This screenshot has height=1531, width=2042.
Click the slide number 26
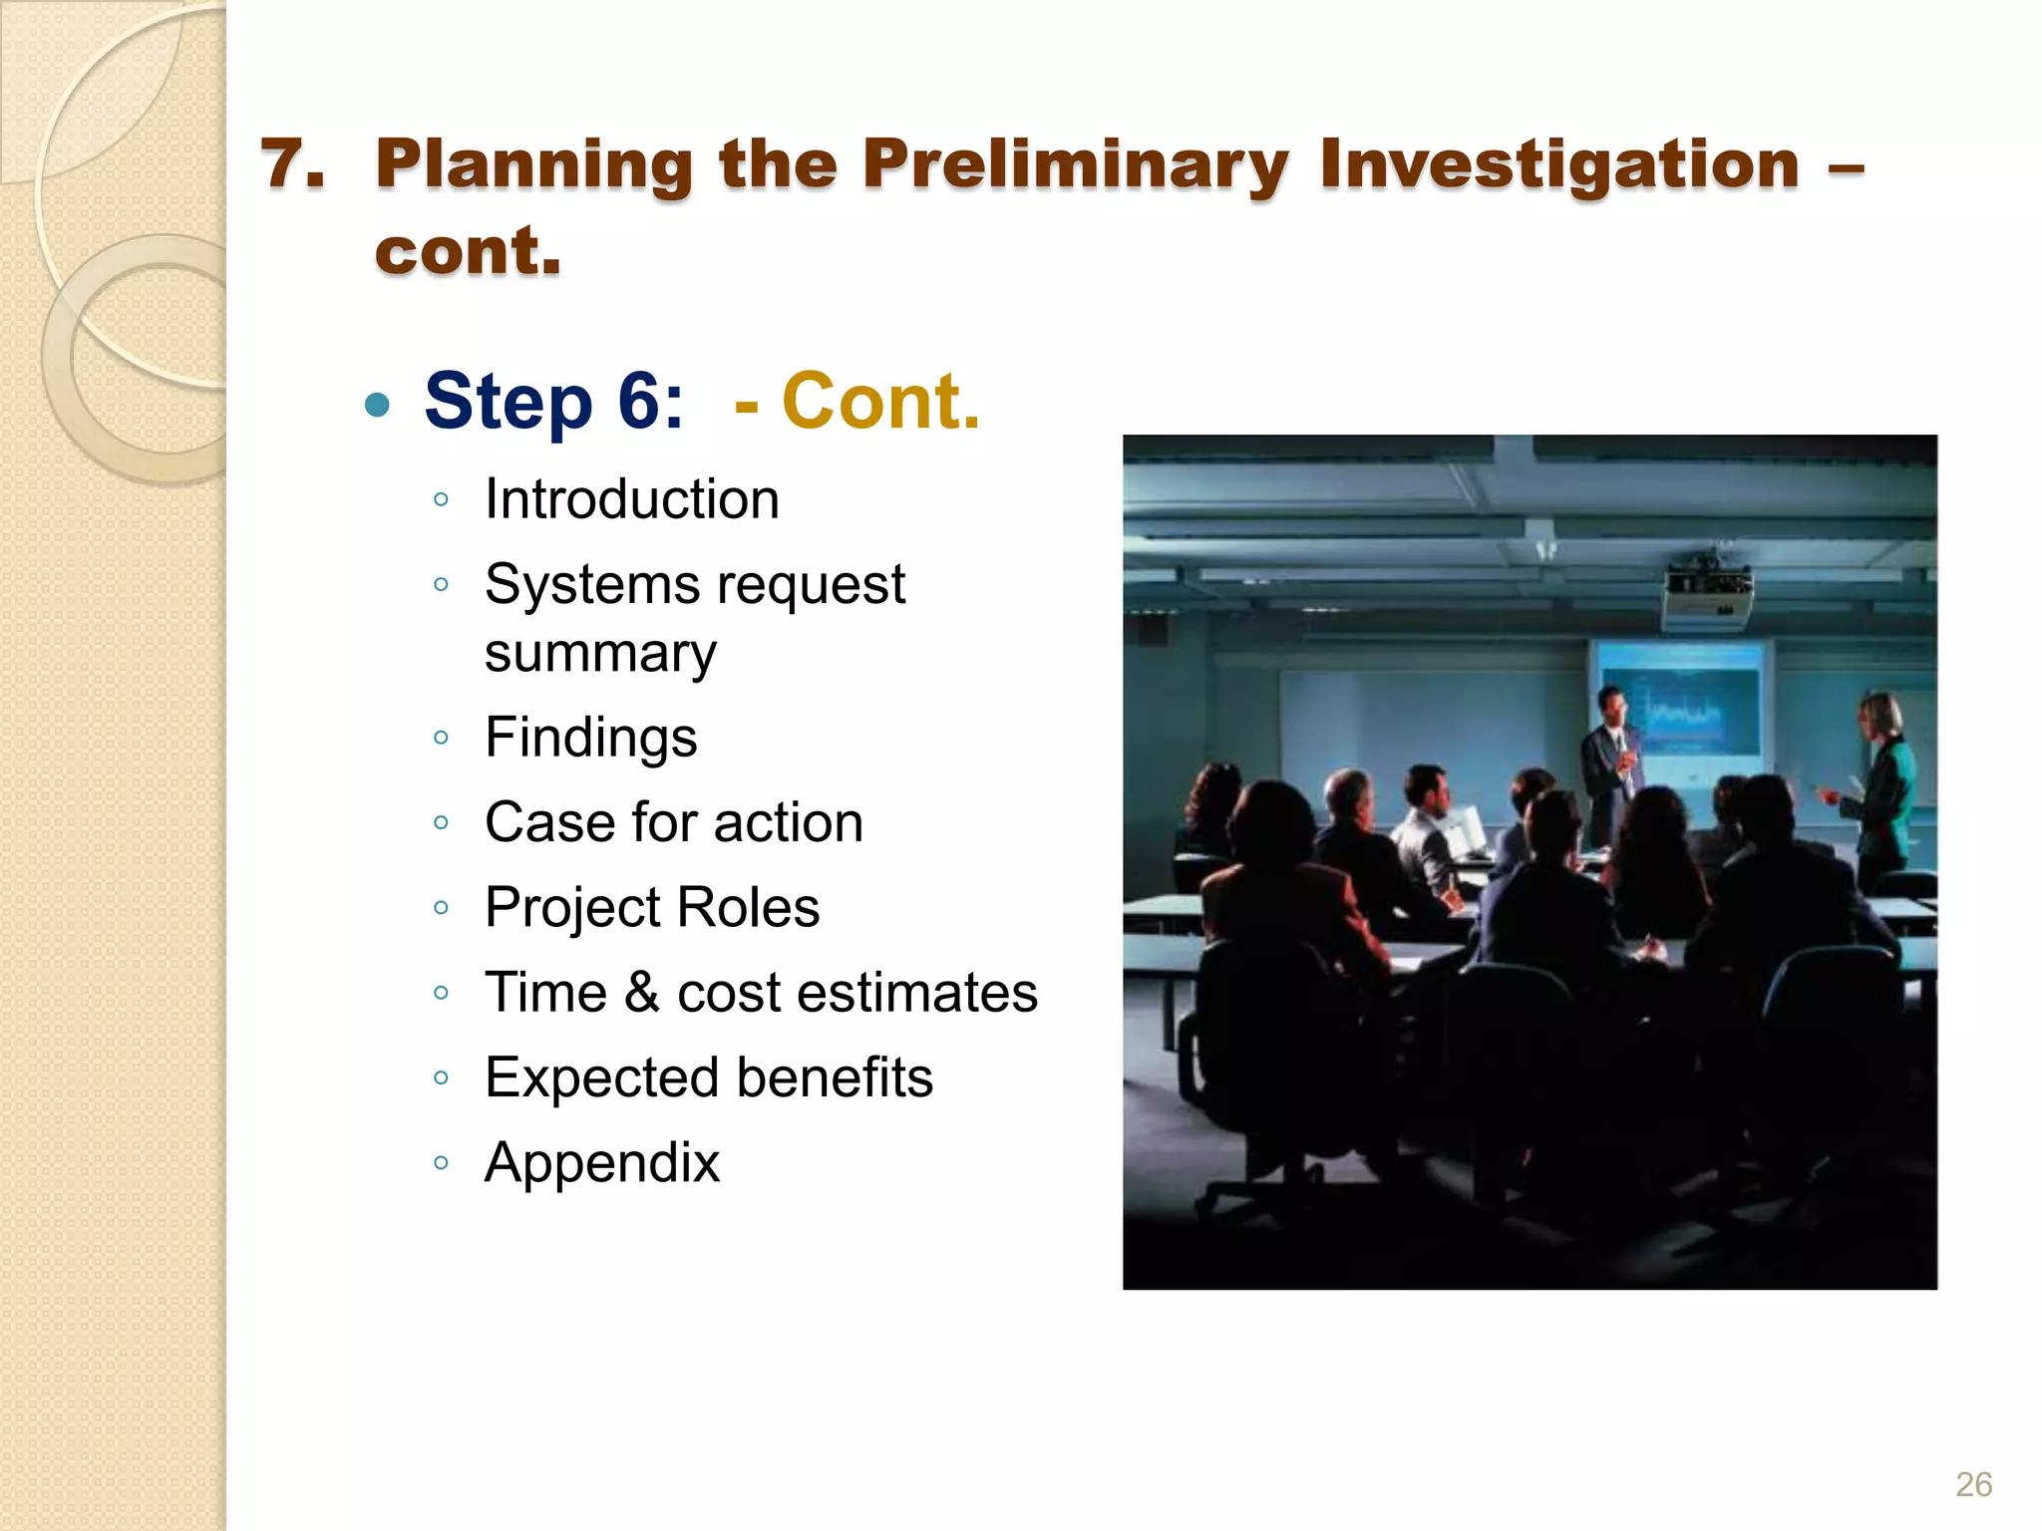click(1973, 1484)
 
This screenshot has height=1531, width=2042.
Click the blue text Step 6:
click(553, 401)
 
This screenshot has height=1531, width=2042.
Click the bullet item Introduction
click(631, 498)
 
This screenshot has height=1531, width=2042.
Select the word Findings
click(590, 738)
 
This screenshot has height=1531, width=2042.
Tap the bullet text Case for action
click(673, 822)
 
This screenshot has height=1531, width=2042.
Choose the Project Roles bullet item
click(652, 907)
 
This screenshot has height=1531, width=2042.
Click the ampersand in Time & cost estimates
click(642, 993)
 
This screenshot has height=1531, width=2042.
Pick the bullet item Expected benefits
click(708, 1077)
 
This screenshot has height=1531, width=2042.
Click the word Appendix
click(601, 1162)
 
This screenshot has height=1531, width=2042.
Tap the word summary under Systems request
click(600, 654)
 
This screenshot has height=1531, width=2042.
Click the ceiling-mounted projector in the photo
click(1707, 593)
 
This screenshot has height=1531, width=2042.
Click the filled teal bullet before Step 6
click(377, 405)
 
